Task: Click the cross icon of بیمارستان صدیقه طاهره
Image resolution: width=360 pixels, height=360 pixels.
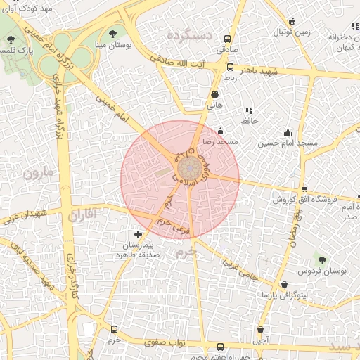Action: (x=137, y=234)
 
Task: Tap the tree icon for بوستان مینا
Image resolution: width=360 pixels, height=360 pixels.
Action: (x=113, y=33)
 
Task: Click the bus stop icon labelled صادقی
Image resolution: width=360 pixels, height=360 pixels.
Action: (x=226, y=39)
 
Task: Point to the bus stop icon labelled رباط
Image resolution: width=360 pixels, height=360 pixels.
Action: (x=230, y=67)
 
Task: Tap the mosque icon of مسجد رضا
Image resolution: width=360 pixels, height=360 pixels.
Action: (x=221, y=131)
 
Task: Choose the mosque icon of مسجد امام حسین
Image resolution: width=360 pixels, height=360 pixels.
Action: (x=287, y=132)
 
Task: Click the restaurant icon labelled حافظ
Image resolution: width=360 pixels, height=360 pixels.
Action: (x=248, y=110)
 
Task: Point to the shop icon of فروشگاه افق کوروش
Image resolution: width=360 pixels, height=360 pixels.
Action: (x=304, y=189)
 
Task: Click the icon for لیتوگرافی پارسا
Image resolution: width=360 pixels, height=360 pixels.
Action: (x=284, y=285)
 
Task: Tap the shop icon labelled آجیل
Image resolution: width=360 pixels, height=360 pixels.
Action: (x=261, y=329)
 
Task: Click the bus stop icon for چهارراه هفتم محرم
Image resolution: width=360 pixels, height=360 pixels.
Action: (x=220, y=347)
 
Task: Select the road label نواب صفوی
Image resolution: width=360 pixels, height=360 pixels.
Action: (x=153, y=343)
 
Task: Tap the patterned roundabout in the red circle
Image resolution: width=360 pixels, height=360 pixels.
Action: (x=186, y=169)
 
